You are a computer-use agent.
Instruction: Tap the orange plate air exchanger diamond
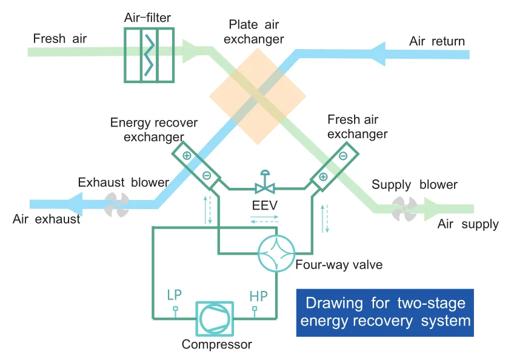(x=258, y=97)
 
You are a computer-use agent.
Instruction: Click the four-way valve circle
(x=276, y=253)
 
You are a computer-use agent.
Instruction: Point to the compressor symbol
(x=213, y=318)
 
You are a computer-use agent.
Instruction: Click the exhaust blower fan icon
(x=115, y=204)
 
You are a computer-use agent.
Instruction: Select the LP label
(x=175, y=296)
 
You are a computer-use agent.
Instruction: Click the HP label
(x=259, y=296)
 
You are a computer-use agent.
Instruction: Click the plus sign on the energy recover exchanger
(x=187, y=156)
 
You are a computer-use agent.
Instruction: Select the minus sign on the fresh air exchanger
(x=342, y=156)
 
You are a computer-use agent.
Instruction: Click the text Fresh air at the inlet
(x=60, y=39)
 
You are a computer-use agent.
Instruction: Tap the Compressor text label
(x=216, y=345)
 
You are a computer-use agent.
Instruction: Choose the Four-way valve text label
(x=339, y=265)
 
